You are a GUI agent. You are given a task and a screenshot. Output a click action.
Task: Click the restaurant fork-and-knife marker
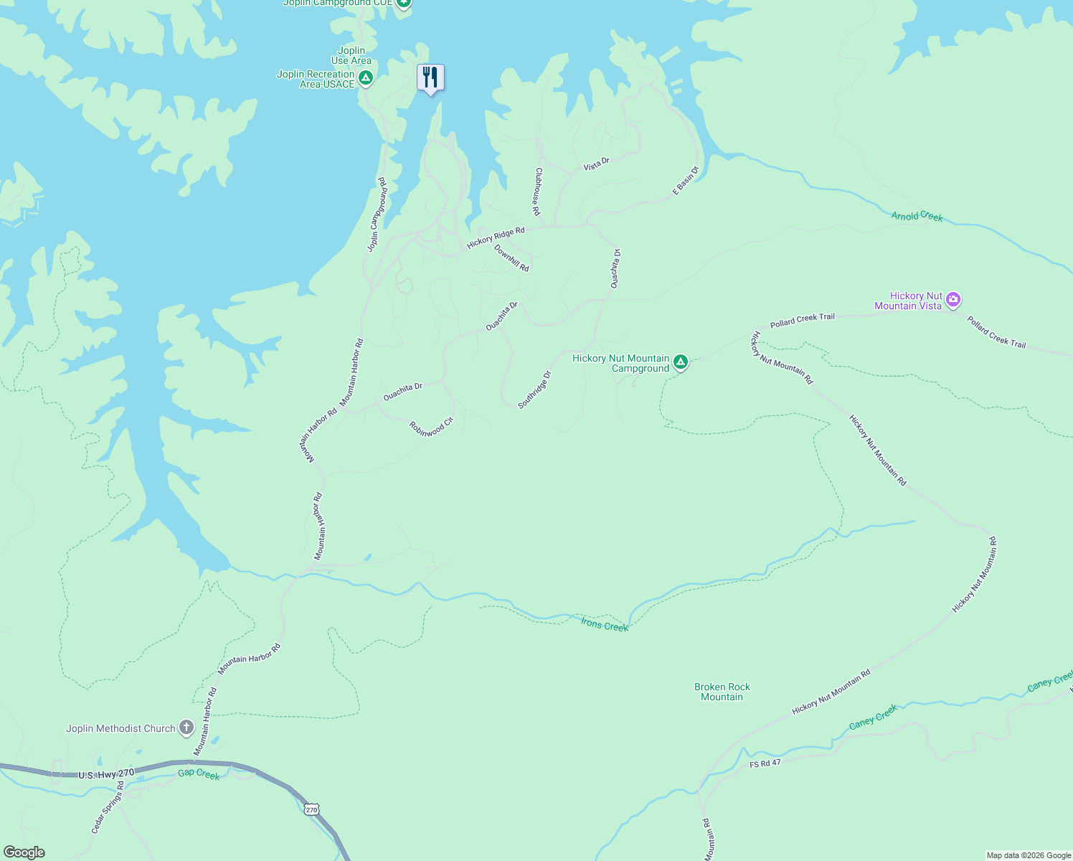click(430, 77)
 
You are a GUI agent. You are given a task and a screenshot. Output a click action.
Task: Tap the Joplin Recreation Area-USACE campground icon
click(366, 78)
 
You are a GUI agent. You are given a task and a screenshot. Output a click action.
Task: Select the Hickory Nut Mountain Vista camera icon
click(953, 300)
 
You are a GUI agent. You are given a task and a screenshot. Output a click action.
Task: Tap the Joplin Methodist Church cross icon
click(186, 728)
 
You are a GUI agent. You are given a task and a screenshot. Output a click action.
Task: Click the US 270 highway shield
click(311, 809)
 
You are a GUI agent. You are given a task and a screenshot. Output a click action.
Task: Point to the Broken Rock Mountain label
click(722, 692)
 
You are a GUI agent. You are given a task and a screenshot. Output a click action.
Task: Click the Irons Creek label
click(604, 626)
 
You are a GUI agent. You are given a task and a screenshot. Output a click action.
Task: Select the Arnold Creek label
click(917, 216)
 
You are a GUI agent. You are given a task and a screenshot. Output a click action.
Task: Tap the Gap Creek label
click(199, 774)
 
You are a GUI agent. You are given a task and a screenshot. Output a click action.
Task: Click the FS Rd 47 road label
click(765, 763)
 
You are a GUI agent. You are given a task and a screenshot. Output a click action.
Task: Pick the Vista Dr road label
click(596, 163)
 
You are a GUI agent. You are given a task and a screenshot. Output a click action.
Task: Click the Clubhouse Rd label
click(536, 192)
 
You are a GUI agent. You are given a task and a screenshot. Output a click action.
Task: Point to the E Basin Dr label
click(686, 181)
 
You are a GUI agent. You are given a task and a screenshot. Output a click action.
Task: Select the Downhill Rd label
click(511, 258)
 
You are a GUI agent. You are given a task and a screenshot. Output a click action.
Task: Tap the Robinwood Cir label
click(431, 426)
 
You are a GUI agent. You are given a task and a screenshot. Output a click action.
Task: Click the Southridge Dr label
click(534, 390)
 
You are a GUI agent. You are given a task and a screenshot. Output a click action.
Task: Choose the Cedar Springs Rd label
click(108, 807)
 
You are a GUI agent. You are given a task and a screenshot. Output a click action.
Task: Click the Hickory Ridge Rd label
click(496, 237)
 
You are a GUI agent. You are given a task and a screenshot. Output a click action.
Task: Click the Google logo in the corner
click(24, 852)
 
